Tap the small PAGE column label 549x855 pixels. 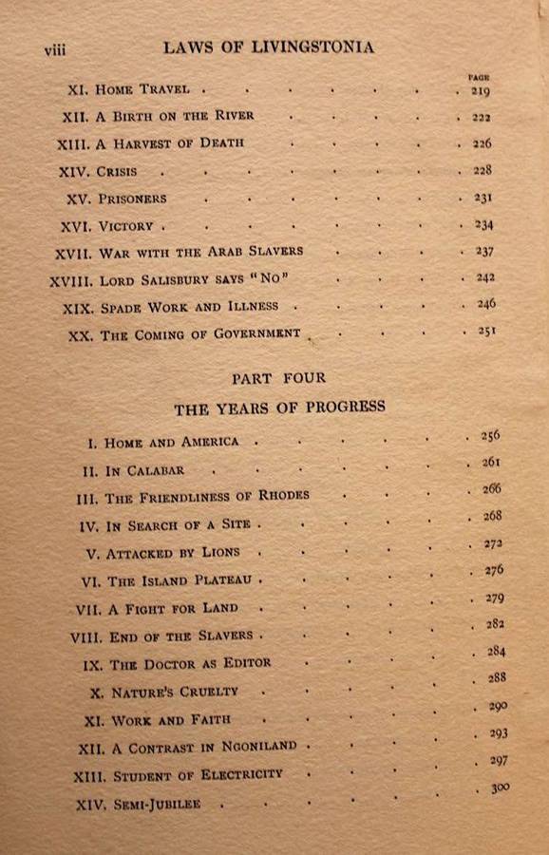click(478, 76)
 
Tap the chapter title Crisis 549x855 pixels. click(117, 172)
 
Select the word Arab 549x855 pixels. click(231, 252)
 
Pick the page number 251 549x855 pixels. click(485, 332)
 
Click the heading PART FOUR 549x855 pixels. click(278, 378)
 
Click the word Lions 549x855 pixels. click(220, 552)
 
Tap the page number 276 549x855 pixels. click(493, 570)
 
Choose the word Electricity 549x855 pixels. click(240, 774)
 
